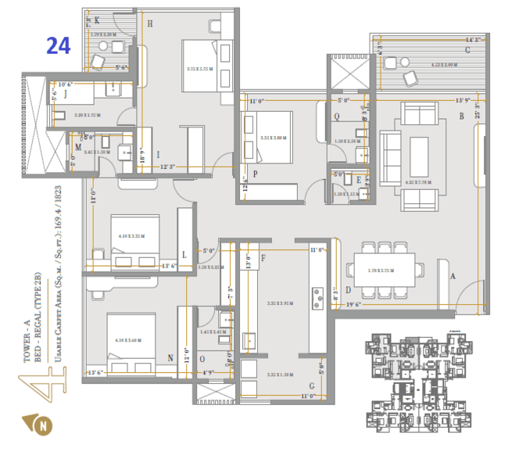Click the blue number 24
tap(59, 46)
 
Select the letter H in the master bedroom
tap(149, 24)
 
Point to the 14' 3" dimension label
tap(472, 39)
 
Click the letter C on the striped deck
tap(467, 51)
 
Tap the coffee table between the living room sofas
tap(420, 149)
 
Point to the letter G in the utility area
tap(311, 386)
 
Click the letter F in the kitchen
tap(263, 257)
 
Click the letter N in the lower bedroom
tap(170, 358)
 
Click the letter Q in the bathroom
tap(336, 117)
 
